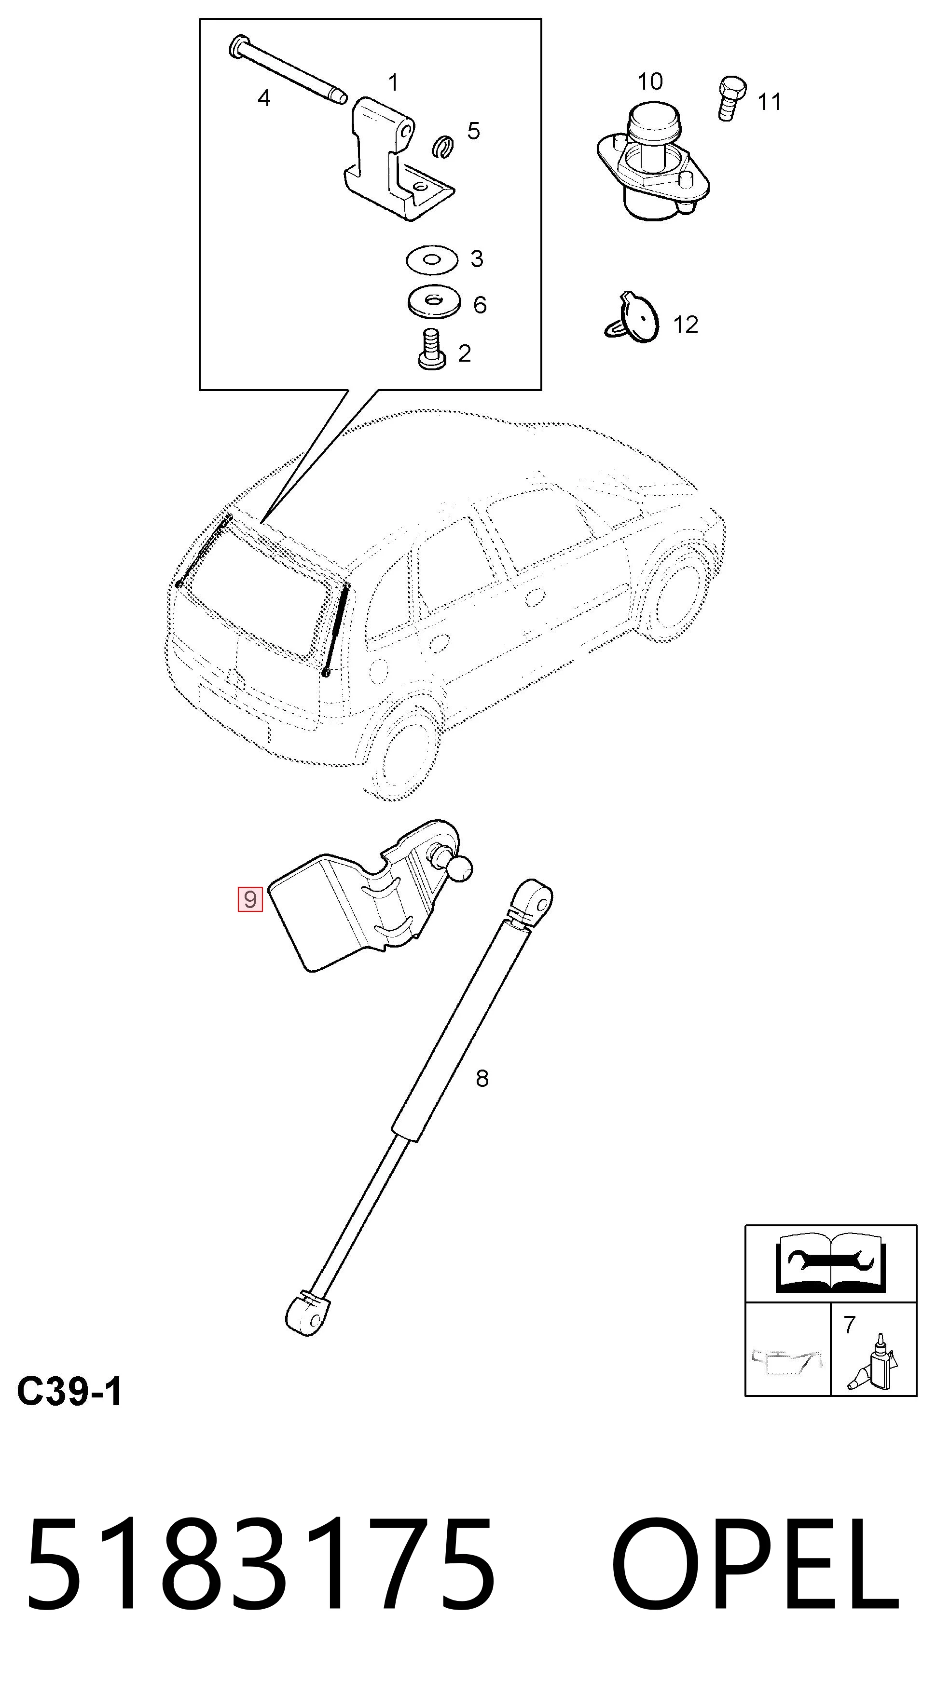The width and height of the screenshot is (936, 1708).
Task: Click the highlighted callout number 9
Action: [250, 899]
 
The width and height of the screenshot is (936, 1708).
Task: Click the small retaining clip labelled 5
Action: [442, 147]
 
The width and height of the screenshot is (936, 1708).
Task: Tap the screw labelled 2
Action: [432, 349]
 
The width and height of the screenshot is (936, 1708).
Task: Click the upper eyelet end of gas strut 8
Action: [533, 902]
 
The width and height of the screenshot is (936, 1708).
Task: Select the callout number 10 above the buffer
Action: [650, 81]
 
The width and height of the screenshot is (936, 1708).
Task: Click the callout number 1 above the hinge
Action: [393, 83]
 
